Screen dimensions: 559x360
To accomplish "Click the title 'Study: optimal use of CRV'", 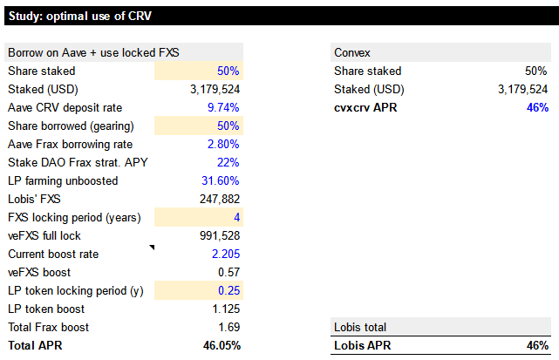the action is [x=80, y=16].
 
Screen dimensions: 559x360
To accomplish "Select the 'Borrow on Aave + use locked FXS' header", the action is [x=93, y=53].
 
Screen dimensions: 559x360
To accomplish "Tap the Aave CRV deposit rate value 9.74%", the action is [x=223, y=107].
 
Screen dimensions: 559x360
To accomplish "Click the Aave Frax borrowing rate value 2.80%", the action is [x=223, y=145].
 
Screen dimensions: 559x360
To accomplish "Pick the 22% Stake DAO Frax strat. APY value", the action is [x=228, y=162].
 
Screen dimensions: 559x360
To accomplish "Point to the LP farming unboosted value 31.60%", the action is [x=221, y=180].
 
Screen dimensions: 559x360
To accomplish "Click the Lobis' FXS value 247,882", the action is [x=220, y=199].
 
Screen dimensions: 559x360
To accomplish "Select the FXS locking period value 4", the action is [x=236, y=217].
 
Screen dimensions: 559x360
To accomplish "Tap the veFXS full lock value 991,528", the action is [x=220, y=235].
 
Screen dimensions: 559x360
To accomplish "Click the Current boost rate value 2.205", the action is [x=226, y=255].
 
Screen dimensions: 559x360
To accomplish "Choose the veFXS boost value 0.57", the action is [x=228, y=272].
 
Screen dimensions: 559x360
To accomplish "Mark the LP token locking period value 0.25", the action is [x=228, y=290].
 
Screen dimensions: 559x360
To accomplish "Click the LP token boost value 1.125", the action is [x=226, y=309].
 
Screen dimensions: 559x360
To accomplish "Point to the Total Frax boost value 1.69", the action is [x=228, y=327].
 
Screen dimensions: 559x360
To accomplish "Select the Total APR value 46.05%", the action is [x=222, y=345].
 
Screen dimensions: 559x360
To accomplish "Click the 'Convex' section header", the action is [x=352, y=53].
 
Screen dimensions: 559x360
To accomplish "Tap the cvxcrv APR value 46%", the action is [x=537, y=107].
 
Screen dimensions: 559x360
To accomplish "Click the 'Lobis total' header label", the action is [x=360, y=327].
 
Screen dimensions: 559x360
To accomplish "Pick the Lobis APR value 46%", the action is [x=537, y=345].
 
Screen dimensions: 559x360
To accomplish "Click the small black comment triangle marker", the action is [x=153, y=247].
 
